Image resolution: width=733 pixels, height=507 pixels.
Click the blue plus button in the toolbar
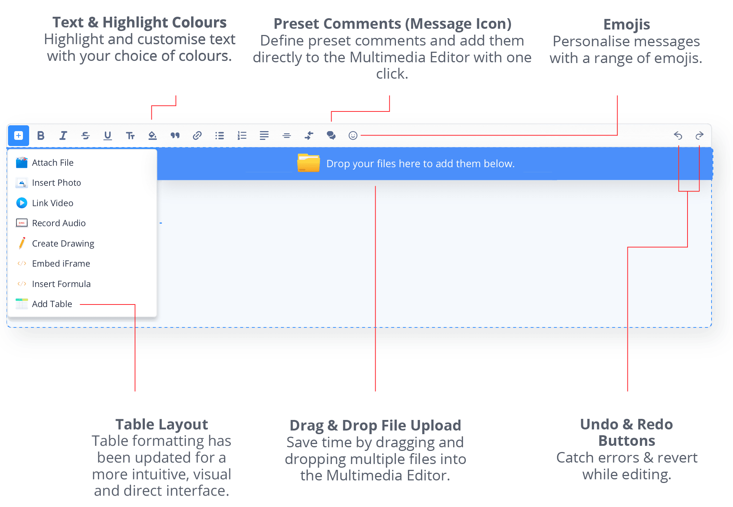point(19,135)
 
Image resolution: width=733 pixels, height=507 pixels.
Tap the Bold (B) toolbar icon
point(41,135)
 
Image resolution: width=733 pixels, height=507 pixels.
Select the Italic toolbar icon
point(63,135)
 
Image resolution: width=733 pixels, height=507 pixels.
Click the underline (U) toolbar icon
point(108,135)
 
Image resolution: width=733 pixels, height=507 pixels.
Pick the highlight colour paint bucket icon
point(152,135)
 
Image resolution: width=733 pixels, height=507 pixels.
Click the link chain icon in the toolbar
point(197,135)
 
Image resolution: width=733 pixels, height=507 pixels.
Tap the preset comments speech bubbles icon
point(331,135)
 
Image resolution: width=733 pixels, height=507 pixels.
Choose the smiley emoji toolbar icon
point(353,135)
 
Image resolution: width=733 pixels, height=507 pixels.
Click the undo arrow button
point(678,135)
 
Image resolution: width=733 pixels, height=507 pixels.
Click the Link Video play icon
point(22,203)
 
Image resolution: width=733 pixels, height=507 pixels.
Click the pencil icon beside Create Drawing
point(22,243)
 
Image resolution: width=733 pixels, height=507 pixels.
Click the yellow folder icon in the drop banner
point(309,163)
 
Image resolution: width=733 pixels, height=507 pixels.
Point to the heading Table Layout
point(162,424)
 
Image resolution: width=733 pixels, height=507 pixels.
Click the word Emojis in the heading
point(627,25)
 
